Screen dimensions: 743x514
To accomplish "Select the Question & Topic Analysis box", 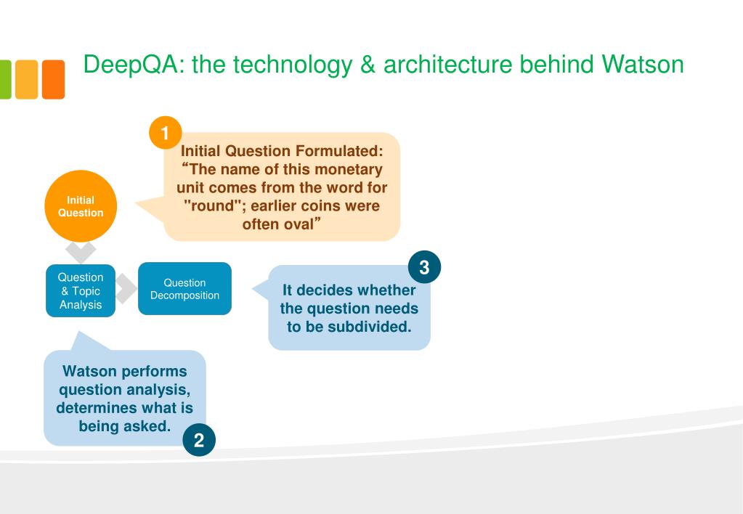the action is click(80, 290).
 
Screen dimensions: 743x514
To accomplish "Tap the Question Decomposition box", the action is click(184, 289).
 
